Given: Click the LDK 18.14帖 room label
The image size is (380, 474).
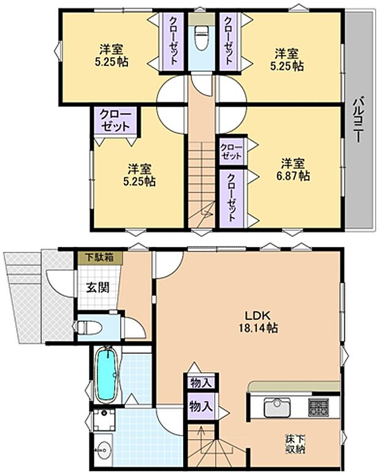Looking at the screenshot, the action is click(x=258, y=322).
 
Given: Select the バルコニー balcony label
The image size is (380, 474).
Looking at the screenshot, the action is click(x=359, y=119).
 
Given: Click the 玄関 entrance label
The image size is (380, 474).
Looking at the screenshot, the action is click(x=97, y=288).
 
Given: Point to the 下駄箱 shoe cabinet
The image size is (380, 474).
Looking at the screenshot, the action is click(x=100, y=258).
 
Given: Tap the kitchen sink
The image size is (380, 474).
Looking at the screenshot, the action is click(x=277, y=408).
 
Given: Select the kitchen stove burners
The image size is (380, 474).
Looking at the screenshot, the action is click(x=317, y=407).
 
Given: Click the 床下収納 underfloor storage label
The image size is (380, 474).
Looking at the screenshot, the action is click(x=295, y=444).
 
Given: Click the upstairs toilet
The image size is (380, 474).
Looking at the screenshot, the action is click(x=202, y=37).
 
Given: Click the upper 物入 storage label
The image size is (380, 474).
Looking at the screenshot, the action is click(x=200, y=383).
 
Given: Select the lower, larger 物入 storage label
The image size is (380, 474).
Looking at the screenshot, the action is click(x=200, y=407).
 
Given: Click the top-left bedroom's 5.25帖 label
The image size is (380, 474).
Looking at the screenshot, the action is click(x=112, y=56).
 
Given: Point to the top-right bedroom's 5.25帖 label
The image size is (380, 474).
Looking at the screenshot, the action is click(x=287, y=59).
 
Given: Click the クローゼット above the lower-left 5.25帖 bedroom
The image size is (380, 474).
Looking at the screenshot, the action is click(x=115, y=121).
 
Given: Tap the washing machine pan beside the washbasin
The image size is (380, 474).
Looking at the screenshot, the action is click(x=104, y=420).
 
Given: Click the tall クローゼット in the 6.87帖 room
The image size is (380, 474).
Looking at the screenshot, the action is click(x=232, y=198).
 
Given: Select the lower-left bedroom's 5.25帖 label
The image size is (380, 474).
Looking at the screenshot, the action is click(x=139, y=175).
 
